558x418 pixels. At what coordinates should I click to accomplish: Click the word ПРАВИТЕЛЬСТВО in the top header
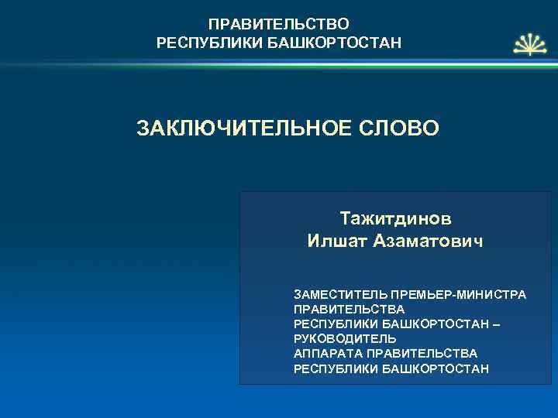click(279, 24)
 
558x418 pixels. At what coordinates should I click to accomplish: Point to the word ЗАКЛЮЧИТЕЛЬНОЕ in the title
click(230, 127)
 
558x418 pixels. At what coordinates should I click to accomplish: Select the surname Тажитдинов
click(395, 218)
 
